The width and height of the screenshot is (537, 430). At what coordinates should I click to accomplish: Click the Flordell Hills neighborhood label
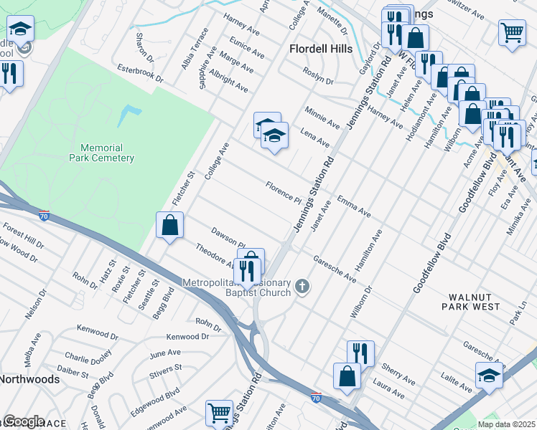(321, 49)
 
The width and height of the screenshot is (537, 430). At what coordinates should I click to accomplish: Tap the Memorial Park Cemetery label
(102, 153)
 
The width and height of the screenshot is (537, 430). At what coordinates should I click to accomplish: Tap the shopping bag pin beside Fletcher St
(170, 226)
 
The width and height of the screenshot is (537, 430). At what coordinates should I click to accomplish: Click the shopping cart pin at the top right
(512, 32)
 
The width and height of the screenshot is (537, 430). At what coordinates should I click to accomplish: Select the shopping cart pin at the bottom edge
(219, 413)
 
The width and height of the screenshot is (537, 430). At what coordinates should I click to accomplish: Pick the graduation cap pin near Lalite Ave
(489, 375)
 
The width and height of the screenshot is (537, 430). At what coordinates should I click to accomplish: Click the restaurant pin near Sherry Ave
(360, 353)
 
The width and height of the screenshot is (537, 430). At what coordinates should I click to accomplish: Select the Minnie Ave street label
(322, 118)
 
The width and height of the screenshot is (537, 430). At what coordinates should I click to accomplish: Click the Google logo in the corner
(23, 421)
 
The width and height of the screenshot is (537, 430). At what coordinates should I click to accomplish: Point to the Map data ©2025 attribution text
(506, 424)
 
